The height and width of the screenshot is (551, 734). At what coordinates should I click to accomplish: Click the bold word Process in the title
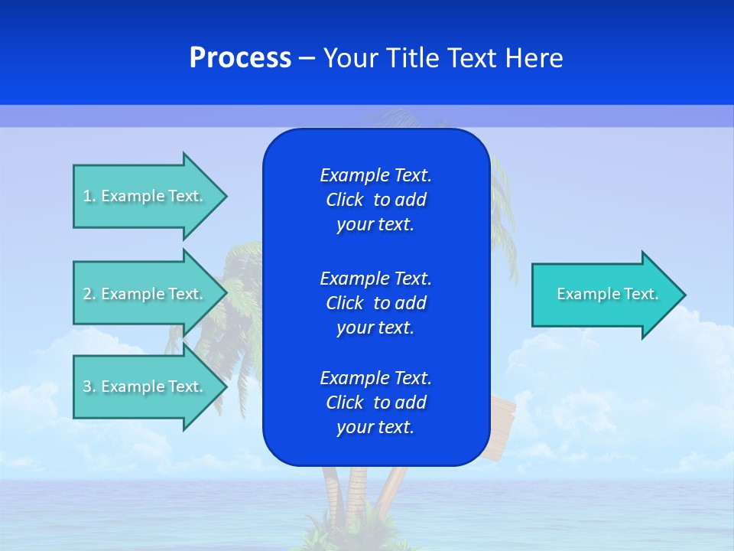coord(240,58)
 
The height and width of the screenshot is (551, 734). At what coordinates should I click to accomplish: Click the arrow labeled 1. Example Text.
coord(145,196)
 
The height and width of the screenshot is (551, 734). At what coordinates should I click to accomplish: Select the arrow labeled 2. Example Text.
coord(145,294)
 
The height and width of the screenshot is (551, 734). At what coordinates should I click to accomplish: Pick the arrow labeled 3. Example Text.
coord(145,386)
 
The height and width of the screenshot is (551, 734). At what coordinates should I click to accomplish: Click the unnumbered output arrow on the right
coord(604,295)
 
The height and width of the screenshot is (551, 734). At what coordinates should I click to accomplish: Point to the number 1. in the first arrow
coord(89,196)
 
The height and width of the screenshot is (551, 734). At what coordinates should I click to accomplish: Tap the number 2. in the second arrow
coord(89,294)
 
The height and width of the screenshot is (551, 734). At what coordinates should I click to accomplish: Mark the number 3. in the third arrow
coord(89,386)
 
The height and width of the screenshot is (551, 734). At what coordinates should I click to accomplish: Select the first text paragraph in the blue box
coord(375,200)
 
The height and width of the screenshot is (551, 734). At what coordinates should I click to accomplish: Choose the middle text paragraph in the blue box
coord(375,302)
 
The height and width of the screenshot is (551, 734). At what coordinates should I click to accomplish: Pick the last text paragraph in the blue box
coord(375,403)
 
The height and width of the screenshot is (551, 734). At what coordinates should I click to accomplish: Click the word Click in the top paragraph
coord(344,200)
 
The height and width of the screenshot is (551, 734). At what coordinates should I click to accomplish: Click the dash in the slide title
coord(307,58)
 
